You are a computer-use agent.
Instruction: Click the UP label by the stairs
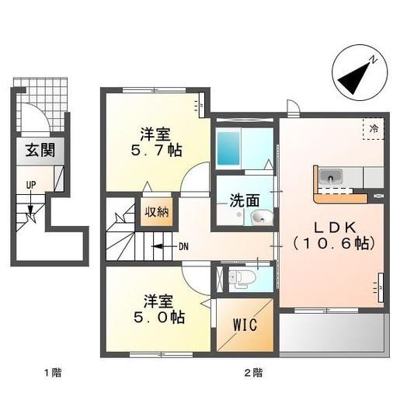point(30,185)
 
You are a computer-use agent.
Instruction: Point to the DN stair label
point(183,247)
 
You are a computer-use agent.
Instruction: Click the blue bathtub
point(230,148)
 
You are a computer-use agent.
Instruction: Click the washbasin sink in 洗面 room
point(259,218)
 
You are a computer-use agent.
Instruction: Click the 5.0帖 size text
point(156,317)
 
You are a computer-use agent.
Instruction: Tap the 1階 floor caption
point(53,373)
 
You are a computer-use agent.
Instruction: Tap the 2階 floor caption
point(252,373)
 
